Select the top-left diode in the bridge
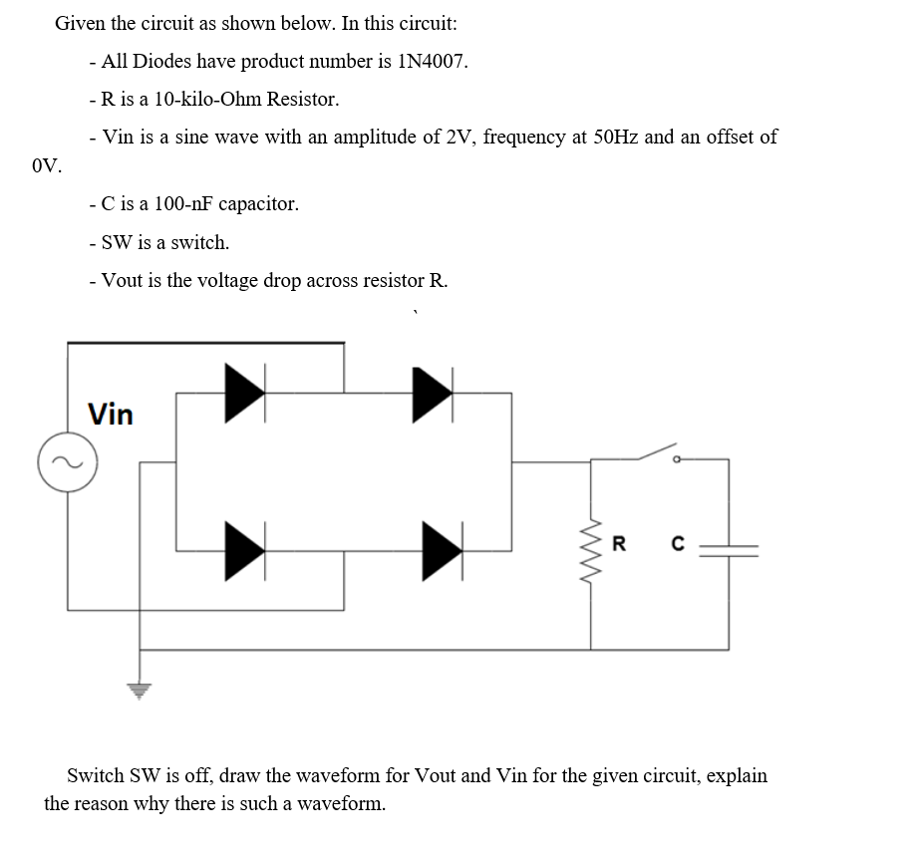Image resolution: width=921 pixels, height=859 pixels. [x=245, y=392]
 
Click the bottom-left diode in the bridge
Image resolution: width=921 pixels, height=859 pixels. [x=245, y=547]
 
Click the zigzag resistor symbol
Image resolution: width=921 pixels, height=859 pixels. [x=591, y=554]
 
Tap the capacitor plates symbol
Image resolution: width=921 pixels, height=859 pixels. [x=729, y=546]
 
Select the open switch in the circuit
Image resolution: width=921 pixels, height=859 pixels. [x=658, y=453]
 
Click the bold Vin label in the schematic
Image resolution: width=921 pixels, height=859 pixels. [x=111, y=415]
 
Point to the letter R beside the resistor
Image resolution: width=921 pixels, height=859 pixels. [x=619, y=544]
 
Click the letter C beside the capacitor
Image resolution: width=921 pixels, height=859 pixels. [x=678, y=544]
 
